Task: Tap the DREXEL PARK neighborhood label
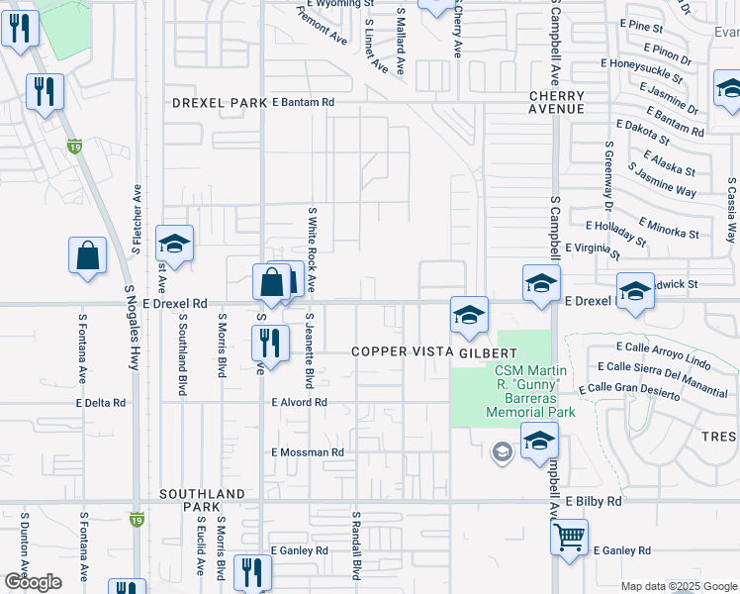pyautogui.click(x=220, y=103)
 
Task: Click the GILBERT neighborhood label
pyautogui.click(x=488, y=352)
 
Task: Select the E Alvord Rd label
pyautogui.click(x=299, y=403)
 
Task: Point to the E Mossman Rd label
pyautogui.click(x=307, y=452)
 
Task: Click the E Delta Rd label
pyautogui.click(x=101, y=403)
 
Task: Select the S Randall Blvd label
pyautogui.click(x=353, y=544)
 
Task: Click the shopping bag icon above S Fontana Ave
pyautogui.click(x=88, y=254)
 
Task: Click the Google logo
pyautogui.click(x=34, y=582)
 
